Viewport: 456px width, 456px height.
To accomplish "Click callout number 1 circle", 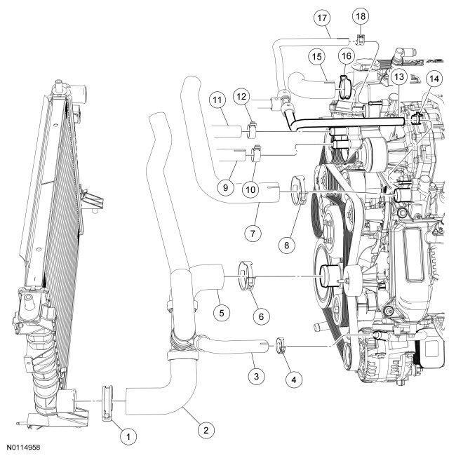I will click(127, 436).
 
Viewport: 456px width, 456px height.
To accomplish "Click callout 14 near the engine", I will click(435, 80).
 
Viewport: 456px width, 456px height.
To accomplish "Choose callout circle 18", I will click(361, 16).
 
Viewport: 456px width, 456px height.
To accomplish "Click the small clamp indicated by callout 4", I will click(282, 345).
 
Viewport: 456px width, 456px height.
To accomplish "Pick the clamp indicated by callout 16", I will click(344, 86).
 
